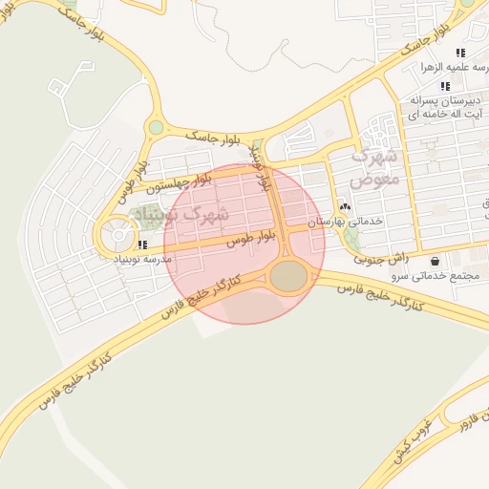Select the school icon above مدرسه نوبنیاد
[141, 244]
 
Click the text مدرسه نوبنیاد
[142, 259]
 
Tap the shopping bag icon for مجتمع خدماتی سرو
[436, 261]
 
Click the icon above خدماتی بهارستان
[345, 206]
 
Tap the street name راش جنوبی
[381, 258]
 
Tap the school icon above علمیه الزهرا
[460, 53]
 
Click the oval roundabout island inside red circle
[289, 277]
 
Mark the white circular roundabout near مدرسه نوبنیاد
[119, 231]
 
